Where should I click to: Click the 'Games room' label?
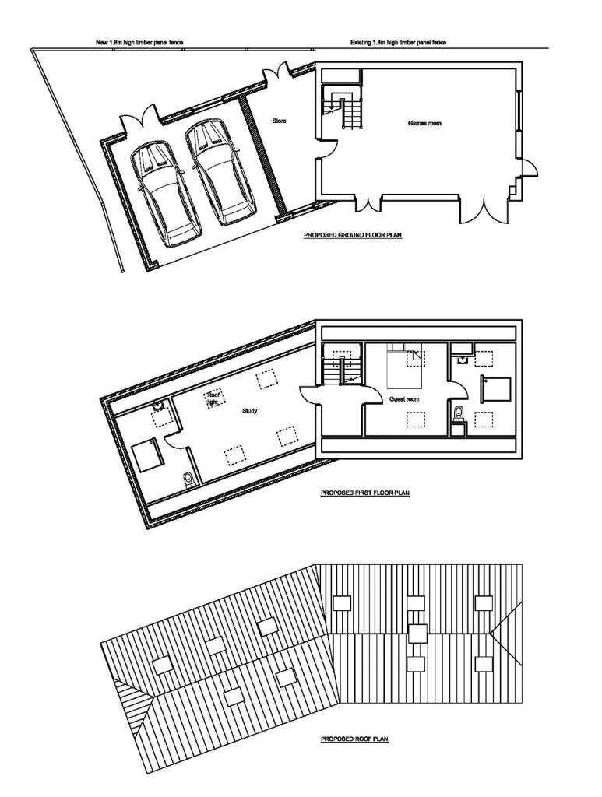424,123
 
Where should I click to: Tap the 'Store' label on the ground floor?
279,121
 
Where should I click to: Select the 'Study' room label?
249,411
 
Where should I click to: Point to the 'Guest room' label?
404,399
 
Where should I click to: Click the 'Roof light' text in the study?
212,398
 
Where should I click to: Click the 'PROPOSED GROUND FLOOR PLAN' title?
353,235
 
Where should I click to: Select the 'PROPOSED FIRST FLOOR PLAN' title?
365,493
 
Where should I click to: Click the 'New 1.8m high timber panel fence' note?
139,43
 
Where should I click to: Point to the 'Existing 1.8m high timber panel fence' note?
398,43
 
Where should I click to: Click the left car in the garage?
165,195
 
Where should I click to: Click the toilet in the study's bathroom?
188,479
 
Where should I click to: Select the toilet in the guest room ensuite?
459,414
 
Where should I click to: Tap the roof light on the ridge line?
418,634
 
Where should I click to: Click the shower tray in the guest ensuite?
496,389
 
